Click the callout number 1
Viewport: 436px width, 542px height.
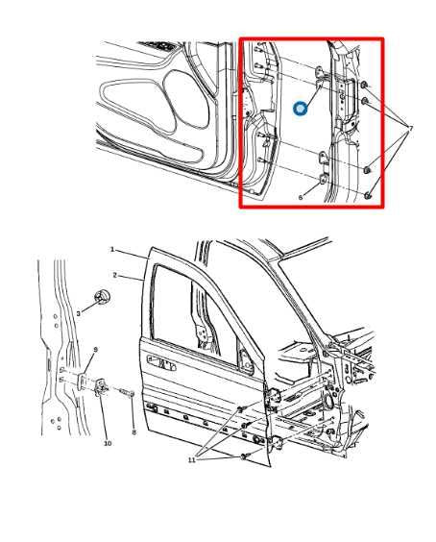tap(112, 250)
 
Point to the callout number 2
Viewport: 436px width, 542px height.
tap(114, 276)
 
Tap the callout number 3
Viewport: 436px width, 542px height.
tap(78, 313)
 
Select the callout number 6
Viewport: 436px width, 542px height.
tap(301, 196)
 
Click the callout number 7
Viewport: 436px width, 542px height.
tap(411, 128)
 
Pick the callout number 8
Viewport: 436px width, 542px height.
tap(133, 433)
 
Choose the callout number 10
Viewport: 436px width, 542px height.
tap(107, 443)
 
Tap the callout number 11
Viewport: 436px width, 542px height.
tap(192, 460)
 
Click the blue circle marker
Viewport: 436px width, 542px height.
tap(301, 109)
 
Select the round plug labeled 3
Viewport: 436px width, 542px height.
tap(101, 299)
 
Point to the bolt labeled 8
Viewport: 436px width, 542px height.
tap(127, 392)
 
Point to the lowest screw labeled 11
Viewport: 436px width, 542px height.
tap(246, 455)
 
